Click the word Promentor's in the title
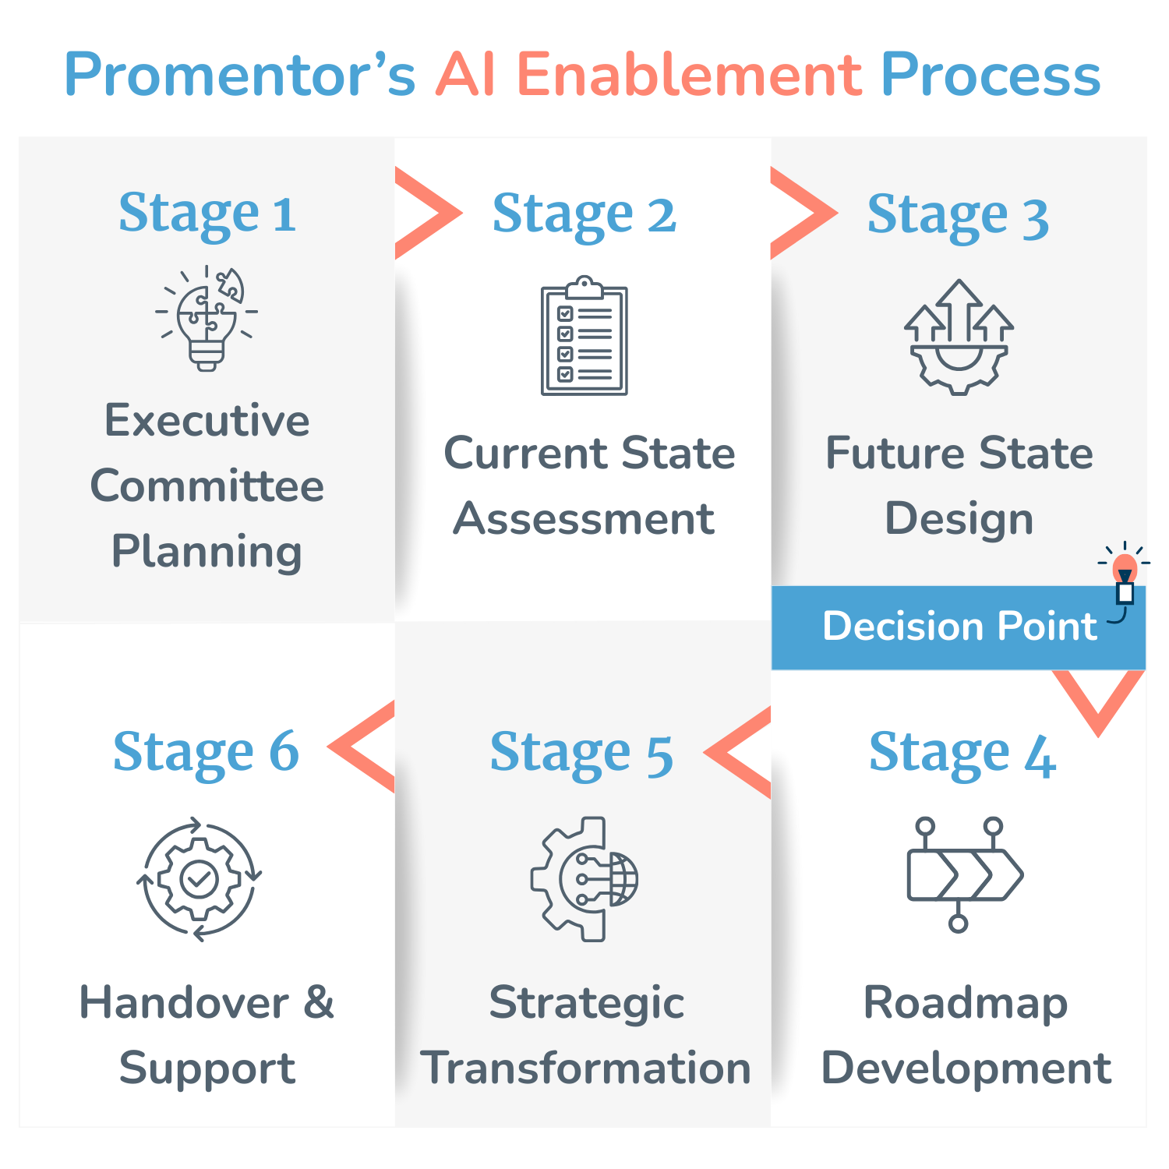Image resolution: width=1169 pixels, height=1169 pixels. coord(240,76)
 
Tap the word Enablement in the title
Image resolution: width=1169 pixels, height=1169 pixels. coord(689,75)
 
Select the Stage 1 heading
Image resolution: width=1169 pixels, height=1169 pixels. coord(207,214)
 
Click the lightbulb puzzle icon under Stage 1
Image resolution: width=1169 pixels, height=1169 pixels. coord(207,318)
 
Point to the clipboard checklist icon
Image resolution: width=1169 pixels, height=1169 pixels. coord(584,336)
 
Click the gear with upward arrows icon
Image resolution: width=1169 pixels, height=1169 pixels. coord(959,337)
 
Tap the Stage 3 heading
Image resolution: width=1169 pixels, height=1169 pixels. coord(958,215)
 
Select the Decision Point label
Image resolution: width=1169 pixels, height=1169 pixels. coord(959,627)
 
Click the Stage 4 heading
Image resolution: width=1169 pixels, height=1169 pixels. coord(962,754)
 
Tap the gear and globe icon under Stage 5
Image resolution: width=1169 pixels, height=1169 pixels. coord(584,878)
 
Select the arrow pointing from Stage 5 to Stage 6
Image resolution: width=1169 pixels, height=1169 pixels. coord(362,747)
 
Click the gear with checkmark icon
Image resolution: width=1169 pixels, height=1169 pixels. coord(200,880)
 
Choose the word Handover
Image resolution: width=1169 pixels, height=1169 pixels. coord(184,1002)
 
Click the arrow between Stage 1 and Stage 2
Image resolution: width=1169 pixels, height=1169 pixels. coord(429,213)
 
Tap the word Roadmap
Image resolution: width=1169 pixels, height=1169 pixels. coord(966,1004)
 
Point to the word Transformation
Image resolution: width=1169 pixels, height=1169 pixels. coord(585,1068)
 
